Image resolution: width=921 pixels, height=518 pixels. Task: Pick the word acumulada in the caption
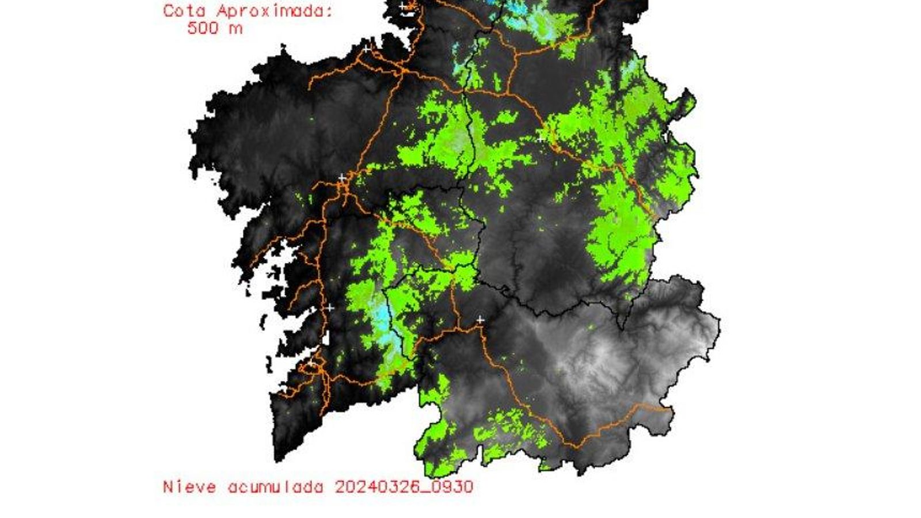coord(276,487)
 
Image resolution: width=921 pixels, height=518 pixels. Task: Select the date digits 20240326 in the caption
coord(380,487)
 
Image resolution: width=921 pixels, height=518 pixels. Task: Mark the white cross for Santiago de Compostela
coord(342,177)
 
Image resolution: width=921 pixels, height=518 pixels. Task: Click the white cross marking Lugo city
coord(541,139)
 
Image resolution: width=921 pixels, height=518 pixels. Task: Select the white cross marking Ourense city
coord(480,319)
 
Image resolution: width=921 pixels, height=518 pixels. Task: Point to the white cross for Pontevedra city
coord(330,308)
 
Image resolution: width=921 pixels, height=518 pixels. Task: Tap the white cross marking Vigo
coord(311,364)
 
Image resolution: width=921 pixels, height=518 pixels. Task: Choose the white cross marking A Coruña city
coord(367,49)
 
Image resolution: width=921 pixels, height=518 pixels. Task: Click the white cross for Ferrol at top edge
coord(404,6)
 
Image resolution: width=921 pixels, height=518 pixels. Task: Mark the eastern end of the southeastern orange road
coord(671,410)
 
